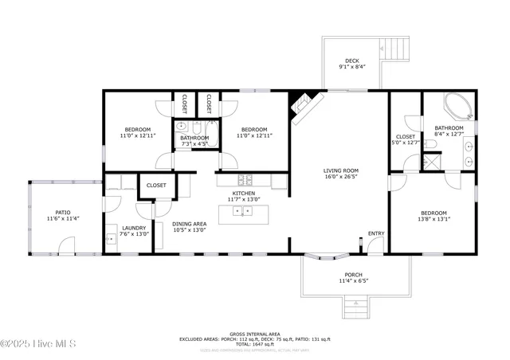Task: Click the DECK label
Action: [351, 61]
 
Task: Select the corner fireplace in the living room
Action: [302, 107]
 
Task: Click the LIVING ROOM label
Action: [340, 170]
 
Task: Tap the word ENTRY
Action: [375, 233]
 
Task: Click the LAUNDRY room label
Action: [133, 228]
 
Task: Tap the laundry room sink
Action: [111, 238]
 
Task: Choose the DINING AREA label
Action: [190, 224]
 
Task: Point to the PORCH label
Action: [353, 275]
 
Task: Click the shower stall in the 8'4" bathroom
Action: [435, 161]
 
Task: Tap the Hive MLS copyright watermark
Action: [38, 343]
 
